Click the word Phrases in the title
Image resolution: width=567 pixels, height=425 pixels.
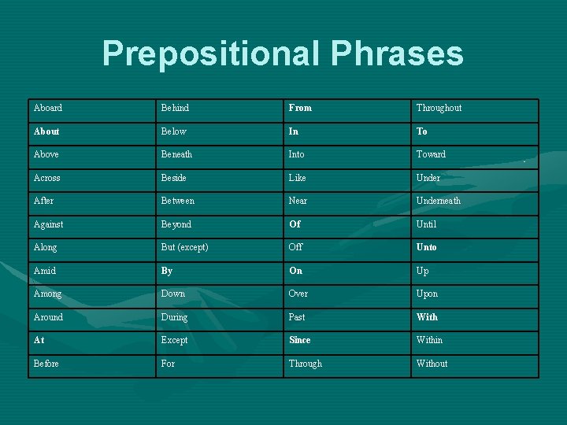[398, 54]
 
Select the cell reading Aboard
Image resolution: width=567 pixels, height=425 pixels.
[48, 108]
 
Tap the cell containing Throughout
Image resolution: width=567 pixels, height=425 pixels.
[439, 108]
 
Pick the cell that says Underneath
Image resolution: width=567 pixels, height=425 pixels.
[439, 201]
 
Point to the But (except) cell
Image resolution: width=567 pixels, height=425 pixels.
[184, 247]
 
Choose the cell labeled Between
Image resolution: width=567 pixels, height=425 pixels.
[177, 201]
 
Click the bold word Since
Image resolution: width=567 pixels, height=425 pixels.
[299, 340]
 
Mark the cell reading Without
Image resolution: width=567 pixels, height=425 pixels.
[432, 364]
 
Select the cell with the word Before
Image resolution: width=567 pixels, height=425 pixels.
[46, 364]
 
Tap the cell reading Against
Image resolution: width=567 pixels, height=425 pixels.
[48, 224]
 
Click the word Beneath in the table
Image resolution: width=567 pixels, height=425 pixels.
[176, 154]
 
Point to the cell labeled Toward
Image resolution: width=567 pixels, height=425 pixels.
[431, 154]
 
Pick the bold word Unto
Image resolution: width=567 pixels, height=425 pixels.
[427, 247]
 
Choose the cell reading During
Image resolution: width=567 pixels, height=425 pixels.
[174, 317]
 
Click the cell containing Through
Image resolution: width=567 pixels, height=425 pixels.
[306, 364]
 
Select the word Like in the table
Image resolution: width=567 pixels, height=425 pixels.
[298, 178]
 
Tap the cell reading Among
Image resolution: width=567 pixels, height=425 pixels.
[47, 294]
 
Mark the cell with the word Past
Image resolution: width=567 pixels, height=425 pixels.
[297, 317]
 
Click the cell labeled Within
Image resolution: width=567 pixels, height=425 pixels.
[429, 340]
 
